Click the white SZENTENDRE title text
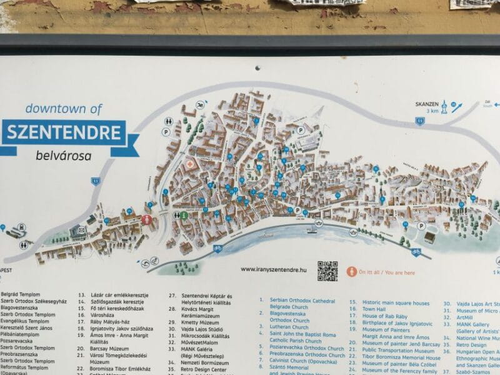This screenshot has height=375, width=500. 64,132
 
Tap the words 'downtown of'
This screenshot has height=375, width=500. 63,108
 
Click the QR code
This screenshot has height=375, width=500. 327,271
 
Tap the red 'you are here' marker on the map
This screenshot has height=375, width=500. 147,219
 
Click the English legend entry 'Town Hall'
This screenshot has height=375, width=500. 374,309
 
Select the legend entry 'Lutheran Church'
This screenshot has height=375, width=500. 289,327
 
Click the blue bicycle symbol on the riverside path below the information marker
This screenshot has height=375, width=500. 217,248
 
